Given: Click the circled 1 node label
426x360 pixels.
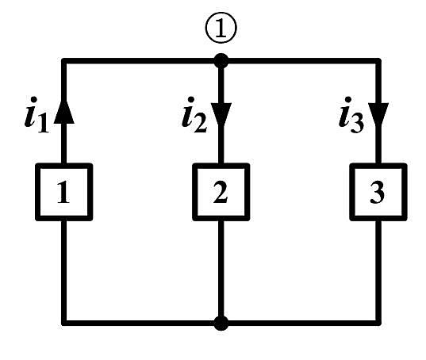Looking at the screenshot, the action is (221, 28).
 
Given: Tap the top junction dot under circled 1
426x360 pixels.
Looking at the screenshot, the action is (221, 61).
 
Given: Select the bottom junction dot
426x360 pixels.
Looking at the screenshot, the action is (221, 323).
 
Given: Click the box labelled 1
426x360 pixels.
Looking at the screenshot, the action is (64, 192).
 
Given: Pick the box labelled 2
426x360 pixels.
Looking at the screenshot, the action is (221, 192).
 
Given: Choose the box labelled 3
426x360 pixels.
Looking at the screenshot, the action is (378, 192).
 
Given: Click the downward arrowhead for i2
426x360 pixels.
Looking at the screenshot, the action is (221, 114).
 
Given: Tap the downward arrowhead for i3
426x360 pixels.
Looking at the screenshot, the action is (378, 114).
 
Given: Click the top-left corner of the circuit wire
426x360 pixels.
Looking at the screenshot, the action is (64, 61).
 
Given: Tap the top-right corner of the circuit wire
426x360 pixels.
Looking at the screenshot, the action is (378, 61).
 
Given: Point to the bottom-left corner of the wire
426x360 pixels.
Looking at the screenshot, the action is (64, 323).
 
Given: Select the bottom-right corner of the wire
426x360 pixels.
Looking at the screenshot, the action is (378, 323).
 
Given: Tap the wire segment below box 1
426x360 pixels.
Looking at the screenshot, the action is (64, 271).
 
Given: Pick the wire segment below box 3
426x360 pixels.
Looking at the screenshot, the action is (378, 271).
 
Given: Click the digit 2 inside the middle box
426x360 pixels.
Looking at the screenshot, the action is (221, 192).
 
